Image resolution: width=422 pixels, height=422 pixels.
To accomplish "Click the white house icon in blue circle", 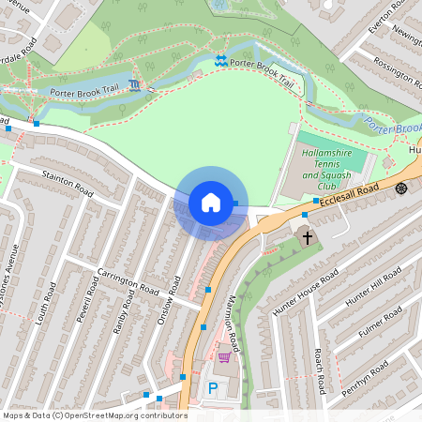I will [x=210, y=203].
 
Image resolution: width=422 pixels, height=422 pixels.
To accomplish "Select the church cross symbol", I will [x=307, y=238].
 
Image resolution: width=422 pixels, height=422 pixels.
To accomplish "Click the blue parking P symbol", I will [x=212, y=387].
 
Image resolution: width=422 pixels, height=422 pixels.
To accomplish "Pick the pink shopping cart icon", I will [x=224, y=357].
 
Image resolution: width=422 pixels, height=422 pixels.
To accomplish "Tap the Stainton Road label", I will [x=68, y=184].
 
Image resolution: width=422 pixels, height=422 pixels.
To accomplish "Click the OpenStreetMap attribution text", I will [x=94, y=415].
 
